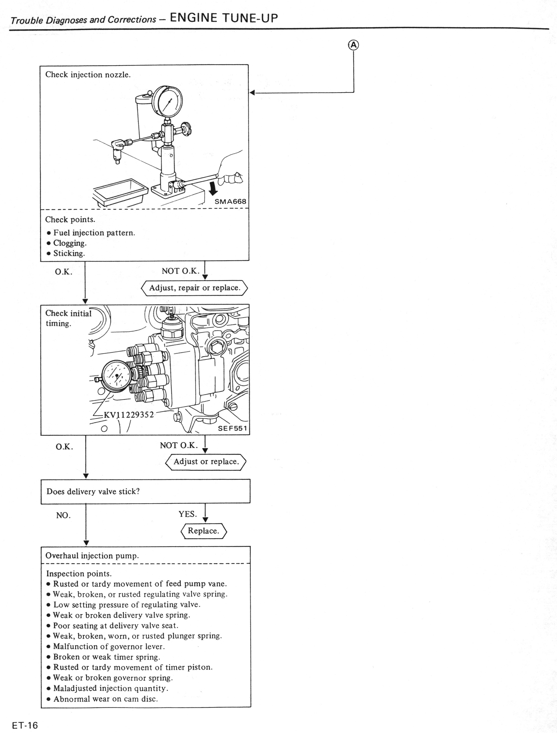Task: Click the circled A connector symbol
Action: coord(353,45)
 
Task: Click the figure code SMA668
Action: coord(230,202)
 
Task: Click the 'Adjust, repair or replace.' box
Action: coord(195,288)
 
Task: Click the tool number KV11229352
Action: coord(129,415)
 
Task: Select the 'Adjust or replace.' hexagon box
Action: coord(206,461)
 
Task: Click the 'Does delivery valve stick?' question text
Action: coord(93,491)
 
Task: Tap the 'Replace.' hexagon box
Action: coord(204,531)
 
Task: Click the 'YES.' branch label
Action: coord(188,514)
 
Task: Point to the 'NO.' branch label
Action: coord(63,515)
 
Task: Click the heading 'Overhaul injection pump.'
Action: coord(92,556)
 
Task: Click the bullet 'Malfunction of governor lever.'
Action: coord(109,646)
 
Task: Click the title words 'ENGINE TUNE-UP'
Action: coord(224,18)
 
